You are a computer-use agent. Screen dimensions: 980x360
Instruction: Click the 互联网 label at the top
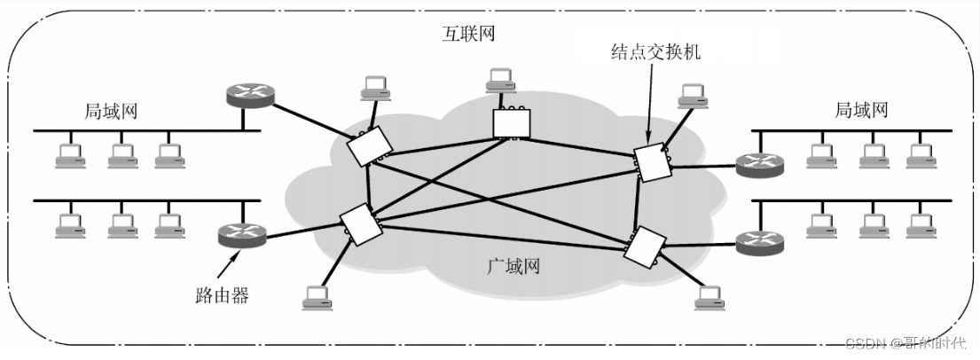(469, 33)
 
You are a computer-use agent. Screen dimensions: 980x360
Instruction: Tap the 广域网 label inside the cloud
(513, 266)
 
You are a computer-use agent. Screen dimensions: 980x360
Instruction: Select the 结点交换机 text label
(655, 51)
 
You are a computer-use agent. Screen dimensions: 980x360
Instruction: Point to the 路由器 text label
(223, 295)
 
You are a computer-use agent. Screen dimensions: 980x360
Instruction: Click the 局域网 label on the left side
(111, 112)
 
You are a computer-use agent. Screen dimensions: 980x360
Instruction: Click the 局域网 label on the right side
(861, 111)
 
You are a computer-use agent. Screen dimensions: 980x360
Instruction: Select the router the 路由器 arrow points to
(242, 235)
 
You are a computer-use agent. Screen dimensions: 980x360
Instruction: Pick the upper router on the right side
(759, 165)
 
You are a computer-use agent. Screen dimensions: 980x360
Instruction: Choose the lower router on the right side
(759, 243)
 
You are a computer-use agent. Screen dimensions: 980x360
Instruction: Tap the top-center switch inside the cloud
(511, 122)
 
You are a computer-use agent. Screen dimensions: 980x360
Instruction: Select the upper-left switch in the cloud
(370, 146)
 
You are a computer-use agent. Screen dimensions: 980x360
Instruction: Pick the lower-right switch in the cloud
(645, 246)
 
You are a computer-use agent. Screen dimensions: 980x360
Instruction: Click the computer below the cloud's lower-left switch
(318, 298)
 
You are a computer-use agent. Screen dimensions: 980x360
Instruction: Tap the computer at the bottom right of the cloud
(710, 298)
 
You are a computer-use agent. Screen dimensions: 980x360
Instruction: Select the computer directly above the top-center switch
(500, 78)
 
